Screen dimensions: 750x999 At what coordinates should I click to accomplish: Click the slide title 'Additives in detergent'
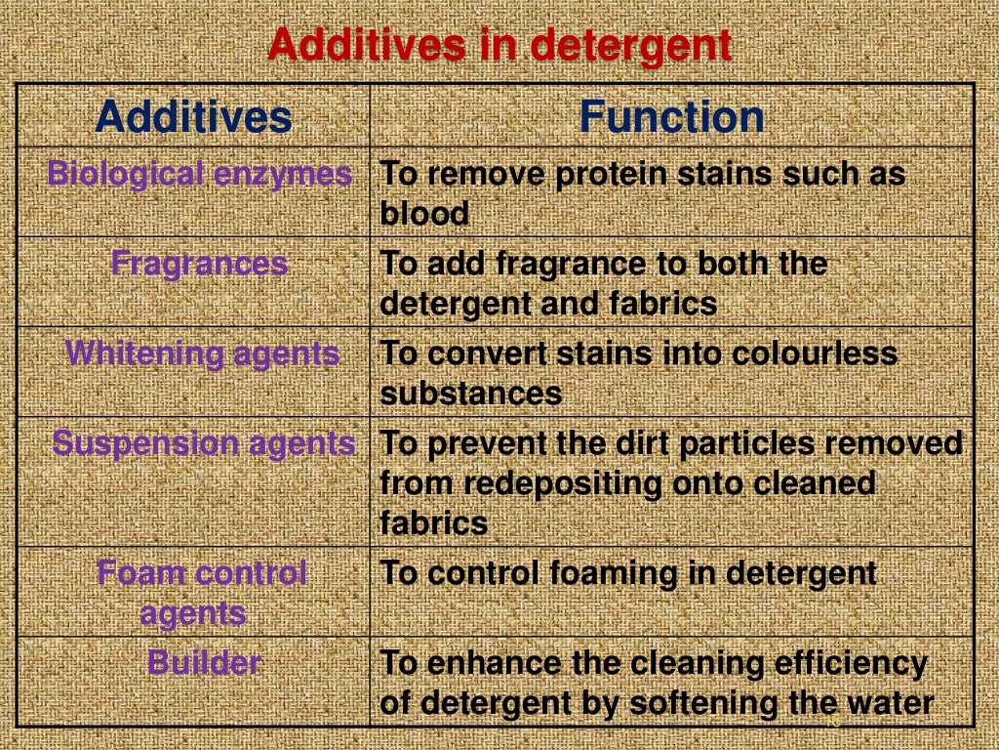(499, 45)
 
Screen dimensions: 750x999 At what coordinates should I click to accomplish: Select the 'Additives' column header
(193, 118)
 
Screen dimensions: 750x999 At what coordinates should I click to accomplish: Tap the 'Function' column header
(671, 118)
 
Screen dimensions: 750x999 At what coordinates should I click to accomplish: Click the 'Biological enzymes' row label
(199, 174)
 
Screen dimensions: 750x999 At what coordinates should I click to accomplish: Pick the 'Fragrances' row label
(199, 264)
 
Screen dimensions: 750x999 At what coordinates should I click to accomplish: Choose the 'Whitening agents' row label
(202, 354)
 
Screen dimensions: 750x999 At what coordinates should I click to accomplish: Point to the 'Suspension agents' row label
(203, 443)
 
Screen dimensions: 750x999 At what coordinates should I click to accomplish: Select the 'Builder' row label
(203, 663)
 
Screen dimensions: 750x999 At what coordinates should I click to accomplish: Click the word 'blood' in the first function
(424, 214)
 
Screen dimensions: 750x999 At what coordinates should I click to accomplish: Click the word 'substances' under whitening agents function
(470, 394)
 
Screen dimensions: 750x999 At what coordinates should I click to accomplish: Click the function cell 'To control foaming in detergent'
(627, 573)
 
